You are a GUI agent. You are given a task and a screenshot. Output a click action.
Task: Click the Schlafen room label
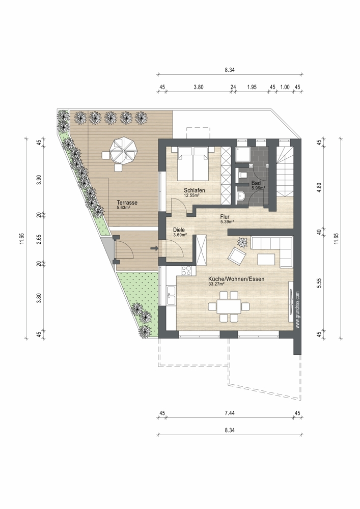pyautogui.click(x=194, y=190)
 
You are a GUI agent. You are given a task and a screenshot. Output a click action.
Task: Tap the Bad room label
pyautogui.click(x=256, y=183)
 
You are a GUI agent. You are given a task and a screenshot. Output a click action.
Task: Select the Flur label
pyautogui.click(x=225, y=217)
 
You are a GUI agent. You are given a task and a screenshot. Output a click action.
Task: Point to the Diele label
pyautogui.click(x=179, y=230)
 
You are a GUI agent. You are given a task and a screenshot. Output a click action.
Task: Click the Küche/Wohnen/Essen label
pyautogui.click(x=236, y=279)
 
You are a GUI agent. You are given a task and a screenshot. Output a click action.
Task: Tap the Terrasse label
pyautogui.click(x=127, y=203)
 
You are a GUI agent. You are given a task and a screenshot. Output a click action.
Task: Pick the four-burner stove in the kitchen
pyautogui.click(x=187, y=270)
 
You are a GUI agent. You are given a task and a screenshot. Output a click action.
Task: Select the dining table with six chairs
pyautogui.click(x=229, y=306)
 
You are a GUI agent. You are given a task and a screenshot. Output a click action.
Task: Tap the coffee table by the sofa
pyautogui.click(x=266, y=259)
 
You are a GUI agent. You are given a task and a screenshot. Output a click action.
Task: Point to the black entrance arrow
pyautogui.click(x=154, y=249)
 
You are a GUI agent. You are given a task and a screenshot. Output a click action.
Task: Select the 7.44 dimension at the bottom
pyautogui.click(x=229, y=413)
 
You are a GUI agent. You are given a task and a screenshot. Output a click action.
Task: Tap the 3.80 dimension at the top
pyautogui.click(x=199, y=87)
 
